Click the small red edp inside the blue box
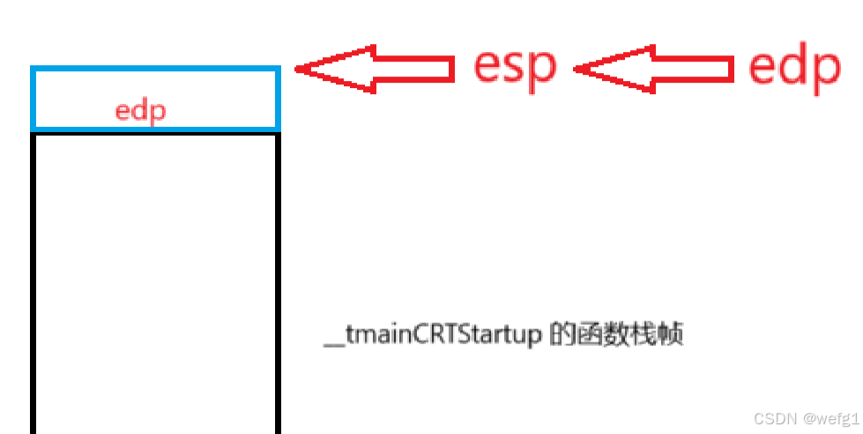point(141,112)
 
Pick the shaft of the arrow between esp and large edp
point(691,68)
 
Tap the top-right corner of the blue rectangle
point(278,69)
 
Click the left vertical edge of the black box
point(33,282)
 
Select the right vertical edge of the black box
point(278,282)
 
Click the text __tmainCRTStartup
point(432,337)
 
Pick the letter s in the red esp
point(514,68)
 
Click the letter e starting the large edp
point(763,68)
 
